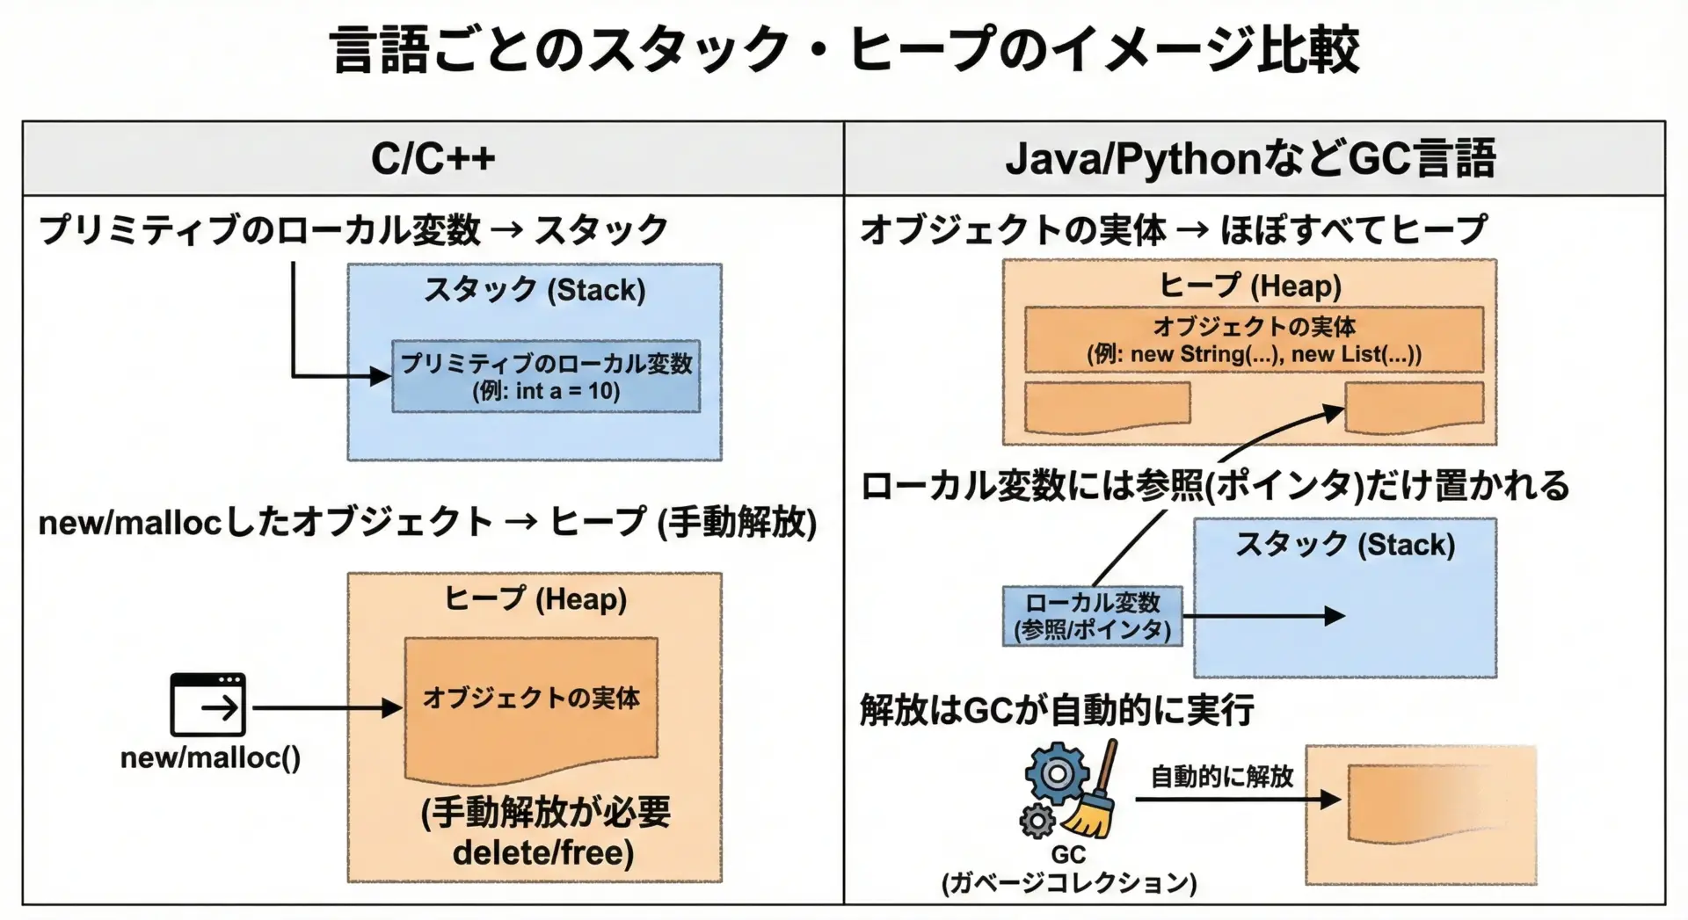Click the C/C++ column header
coord(433,159)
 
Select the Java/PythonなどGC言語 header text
coord(1249,159)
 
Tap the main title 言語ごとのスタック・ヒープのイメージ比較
coord(844,49)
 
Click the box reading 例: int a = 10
coord(546,377)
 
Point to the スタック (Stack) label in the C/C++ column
coord(535,289)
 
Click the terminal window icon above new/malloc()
coord(207,705)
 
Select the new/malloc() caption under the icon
coord(210,757)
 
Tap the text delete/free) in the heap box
coord(543,852)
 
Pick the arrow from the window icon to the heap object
coord(325,707)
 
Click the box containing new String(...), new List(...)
coord(1254,340)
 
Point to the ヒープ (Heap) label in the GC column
coord(1249,286)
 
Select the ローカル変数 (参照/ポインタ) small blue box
coord(1093,616)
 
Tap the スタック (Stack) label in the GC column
coord(1344,545)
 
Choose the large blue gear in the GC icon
coord(1057,774)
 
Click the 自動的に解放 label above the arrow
coord(1222,777)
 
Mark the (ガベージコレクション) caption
coord(1069,882)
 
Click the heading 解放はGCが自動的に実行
coord(1057,710)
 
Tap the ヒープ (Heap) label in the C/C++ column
coord(535,599)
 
